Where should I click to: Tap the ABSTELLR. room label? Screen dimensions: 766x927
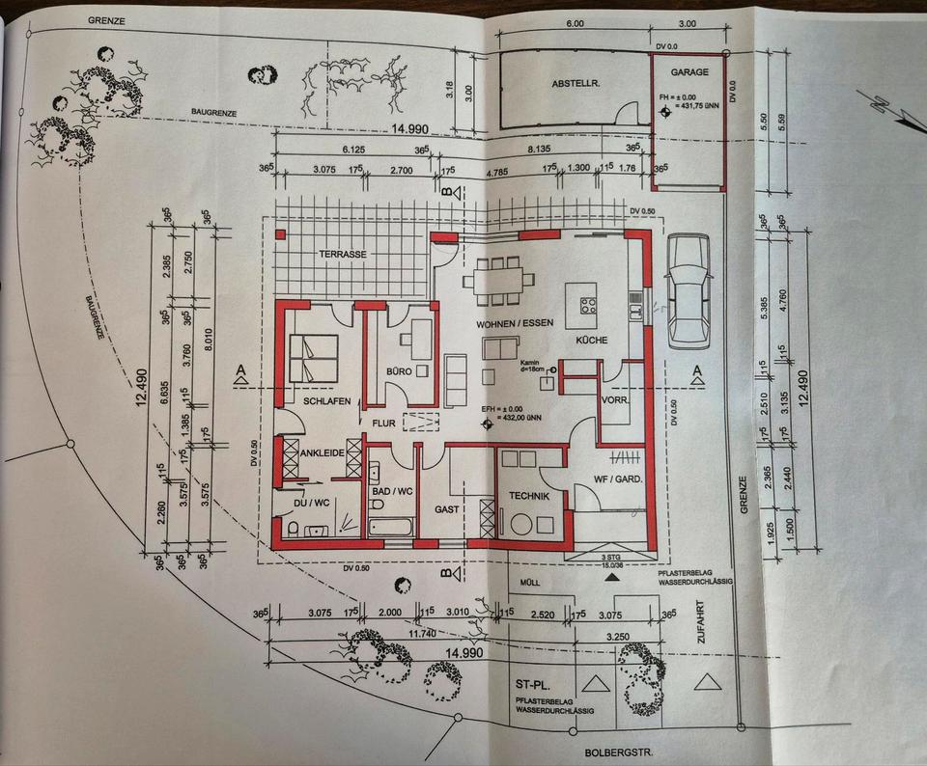576,84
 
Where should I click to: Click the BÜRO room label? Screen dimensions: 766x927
399,371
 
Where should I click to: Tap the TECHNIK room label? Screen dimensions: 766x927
527,496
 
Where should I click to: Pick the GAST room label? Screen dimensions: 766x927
445,508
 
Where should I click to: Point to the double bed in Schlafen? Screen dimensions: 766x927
315,358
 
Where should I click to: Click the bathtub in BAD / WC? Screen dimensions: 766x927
391,528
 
